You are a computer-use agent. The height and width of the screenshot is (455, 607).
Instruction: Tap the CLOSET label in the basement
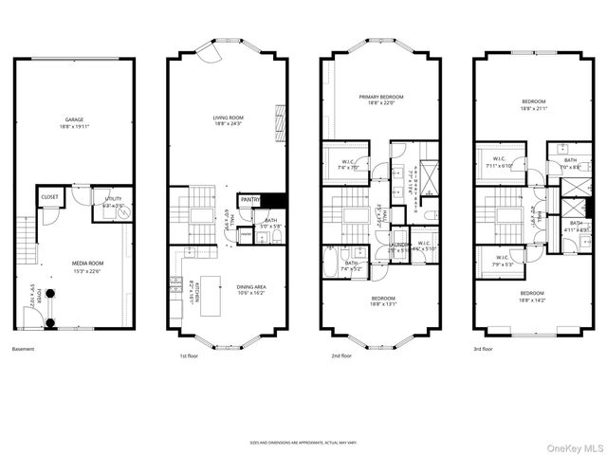tap(49, 197)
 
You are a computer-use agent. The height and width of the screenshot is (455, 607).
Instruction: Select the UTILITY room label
tap(113, 200)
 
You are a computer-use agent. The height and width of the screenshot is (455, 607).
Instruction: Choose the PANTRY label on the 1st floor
tap(249, 200)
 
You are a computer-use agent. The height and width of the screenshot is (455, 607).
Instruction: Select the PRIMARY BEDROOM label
tap(380, 97)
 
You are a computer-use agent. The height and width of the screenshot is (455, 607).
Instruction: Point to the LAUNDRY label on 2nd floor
tap(397, 245)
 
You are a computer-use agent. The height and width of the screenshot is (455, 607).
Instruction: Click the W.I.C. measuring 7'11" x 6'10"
tap(499, 163)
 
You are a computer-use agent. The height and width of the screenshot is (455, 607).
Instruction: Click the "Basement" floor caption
tap(24, 349)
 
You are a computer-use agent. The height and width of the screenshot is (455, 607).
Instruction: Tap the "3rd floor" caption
tap(482, 349)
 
